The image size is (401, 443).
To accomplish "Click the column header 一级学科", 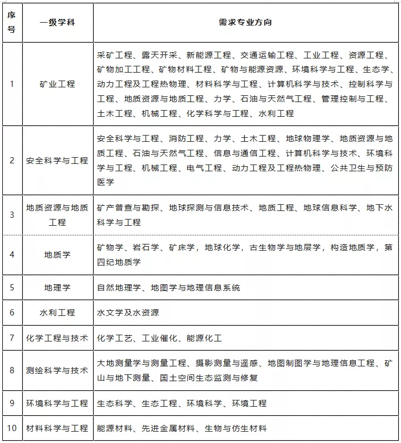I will tap(57, 23).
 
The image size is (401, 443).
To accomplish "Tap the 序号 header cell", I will tap(11, 23).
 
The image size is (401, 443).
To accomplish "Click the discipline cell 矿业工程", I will tap(57, 84).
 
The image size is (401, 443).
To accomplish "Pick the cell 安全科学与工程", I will tap(57, 161).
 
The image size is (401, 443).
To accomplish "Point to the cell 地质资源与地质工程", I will tap(57, 215).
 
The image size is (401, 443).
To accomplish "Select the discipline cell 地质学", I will tap(57, 255).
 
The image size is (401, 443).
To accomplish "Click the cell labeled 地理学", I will tap(57, 288).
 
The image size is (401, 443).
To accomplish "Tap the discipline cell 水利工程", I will tap(57, 313).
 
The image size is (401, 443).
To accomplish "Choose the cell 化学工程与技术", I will tap(57, 338).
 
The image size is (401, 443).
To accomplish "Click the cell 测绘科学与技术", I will tap(57, 370).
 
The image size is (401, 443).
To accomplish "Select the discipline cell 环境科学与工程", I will tap(57, 403).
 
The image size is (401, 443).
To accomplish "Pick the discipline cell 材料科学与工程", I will tap(57, 428).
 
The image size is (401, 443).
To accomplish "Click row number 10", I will tap(12, 428).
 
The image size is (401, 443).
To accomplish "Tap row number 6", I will tap(12, 313).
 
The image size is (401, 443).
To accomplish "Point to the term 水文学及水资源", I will tap(128, 313).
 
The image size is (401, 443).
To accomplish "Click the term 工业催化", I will tap(159, 338).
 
